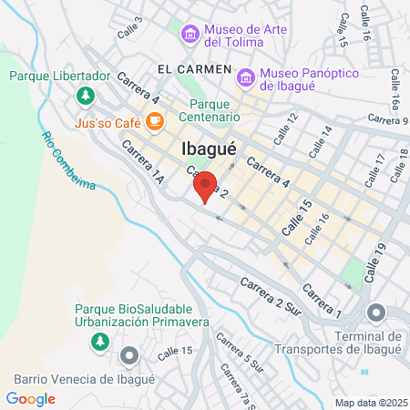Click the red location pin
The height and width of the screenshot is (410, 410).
coord(205,187)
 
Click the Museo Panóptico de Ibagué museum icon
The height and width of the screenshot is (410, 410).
coord(244,79)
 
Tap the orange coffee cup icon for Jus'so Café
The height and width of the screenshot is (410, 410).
coord(155,119)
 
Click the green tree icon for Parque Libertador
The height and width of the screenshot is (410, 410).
coord(85,94)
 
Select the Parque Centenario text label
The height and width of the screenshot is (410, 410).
coord(215,110)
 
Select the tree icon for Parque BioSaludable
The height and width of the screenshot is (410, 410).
coord(99,342)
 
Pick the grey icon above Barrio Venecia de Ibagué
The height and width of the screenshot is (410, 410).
coord(129,354)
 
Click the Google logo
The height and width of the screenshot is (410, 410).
coord(30,398)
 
